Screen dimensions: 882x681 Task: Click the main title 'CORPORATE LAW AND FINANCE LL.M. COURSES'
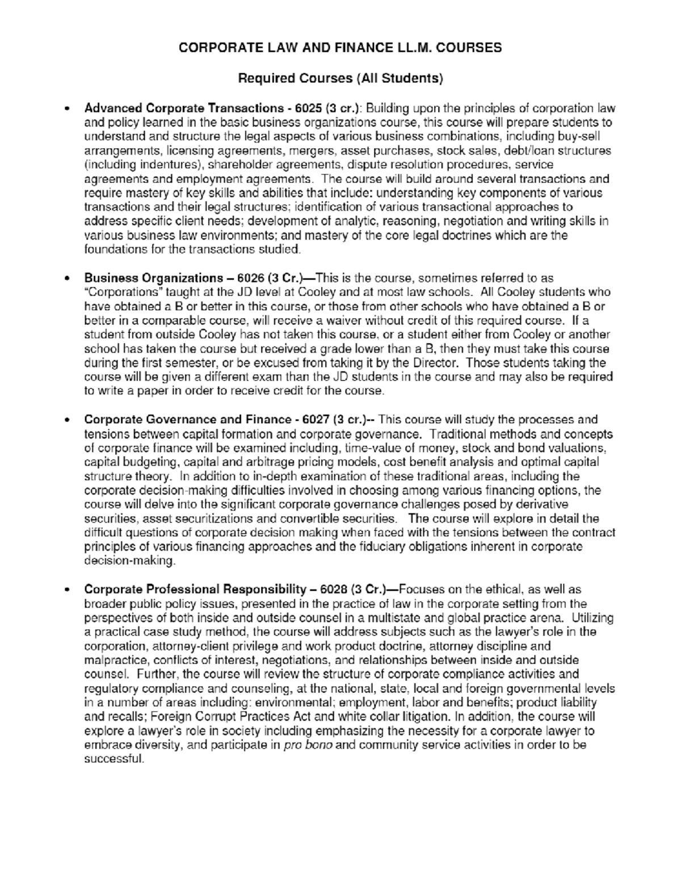coord(340,48)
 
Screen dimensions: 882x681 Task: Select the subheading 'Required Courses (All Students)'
coord(340,78)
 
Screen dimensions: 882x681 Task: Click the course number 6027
coord(315,420)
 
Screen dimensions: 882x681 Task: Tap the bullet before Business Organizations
coord(68,279)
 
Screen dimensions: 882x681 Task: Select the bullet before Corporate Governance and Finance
coord(68,420)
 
